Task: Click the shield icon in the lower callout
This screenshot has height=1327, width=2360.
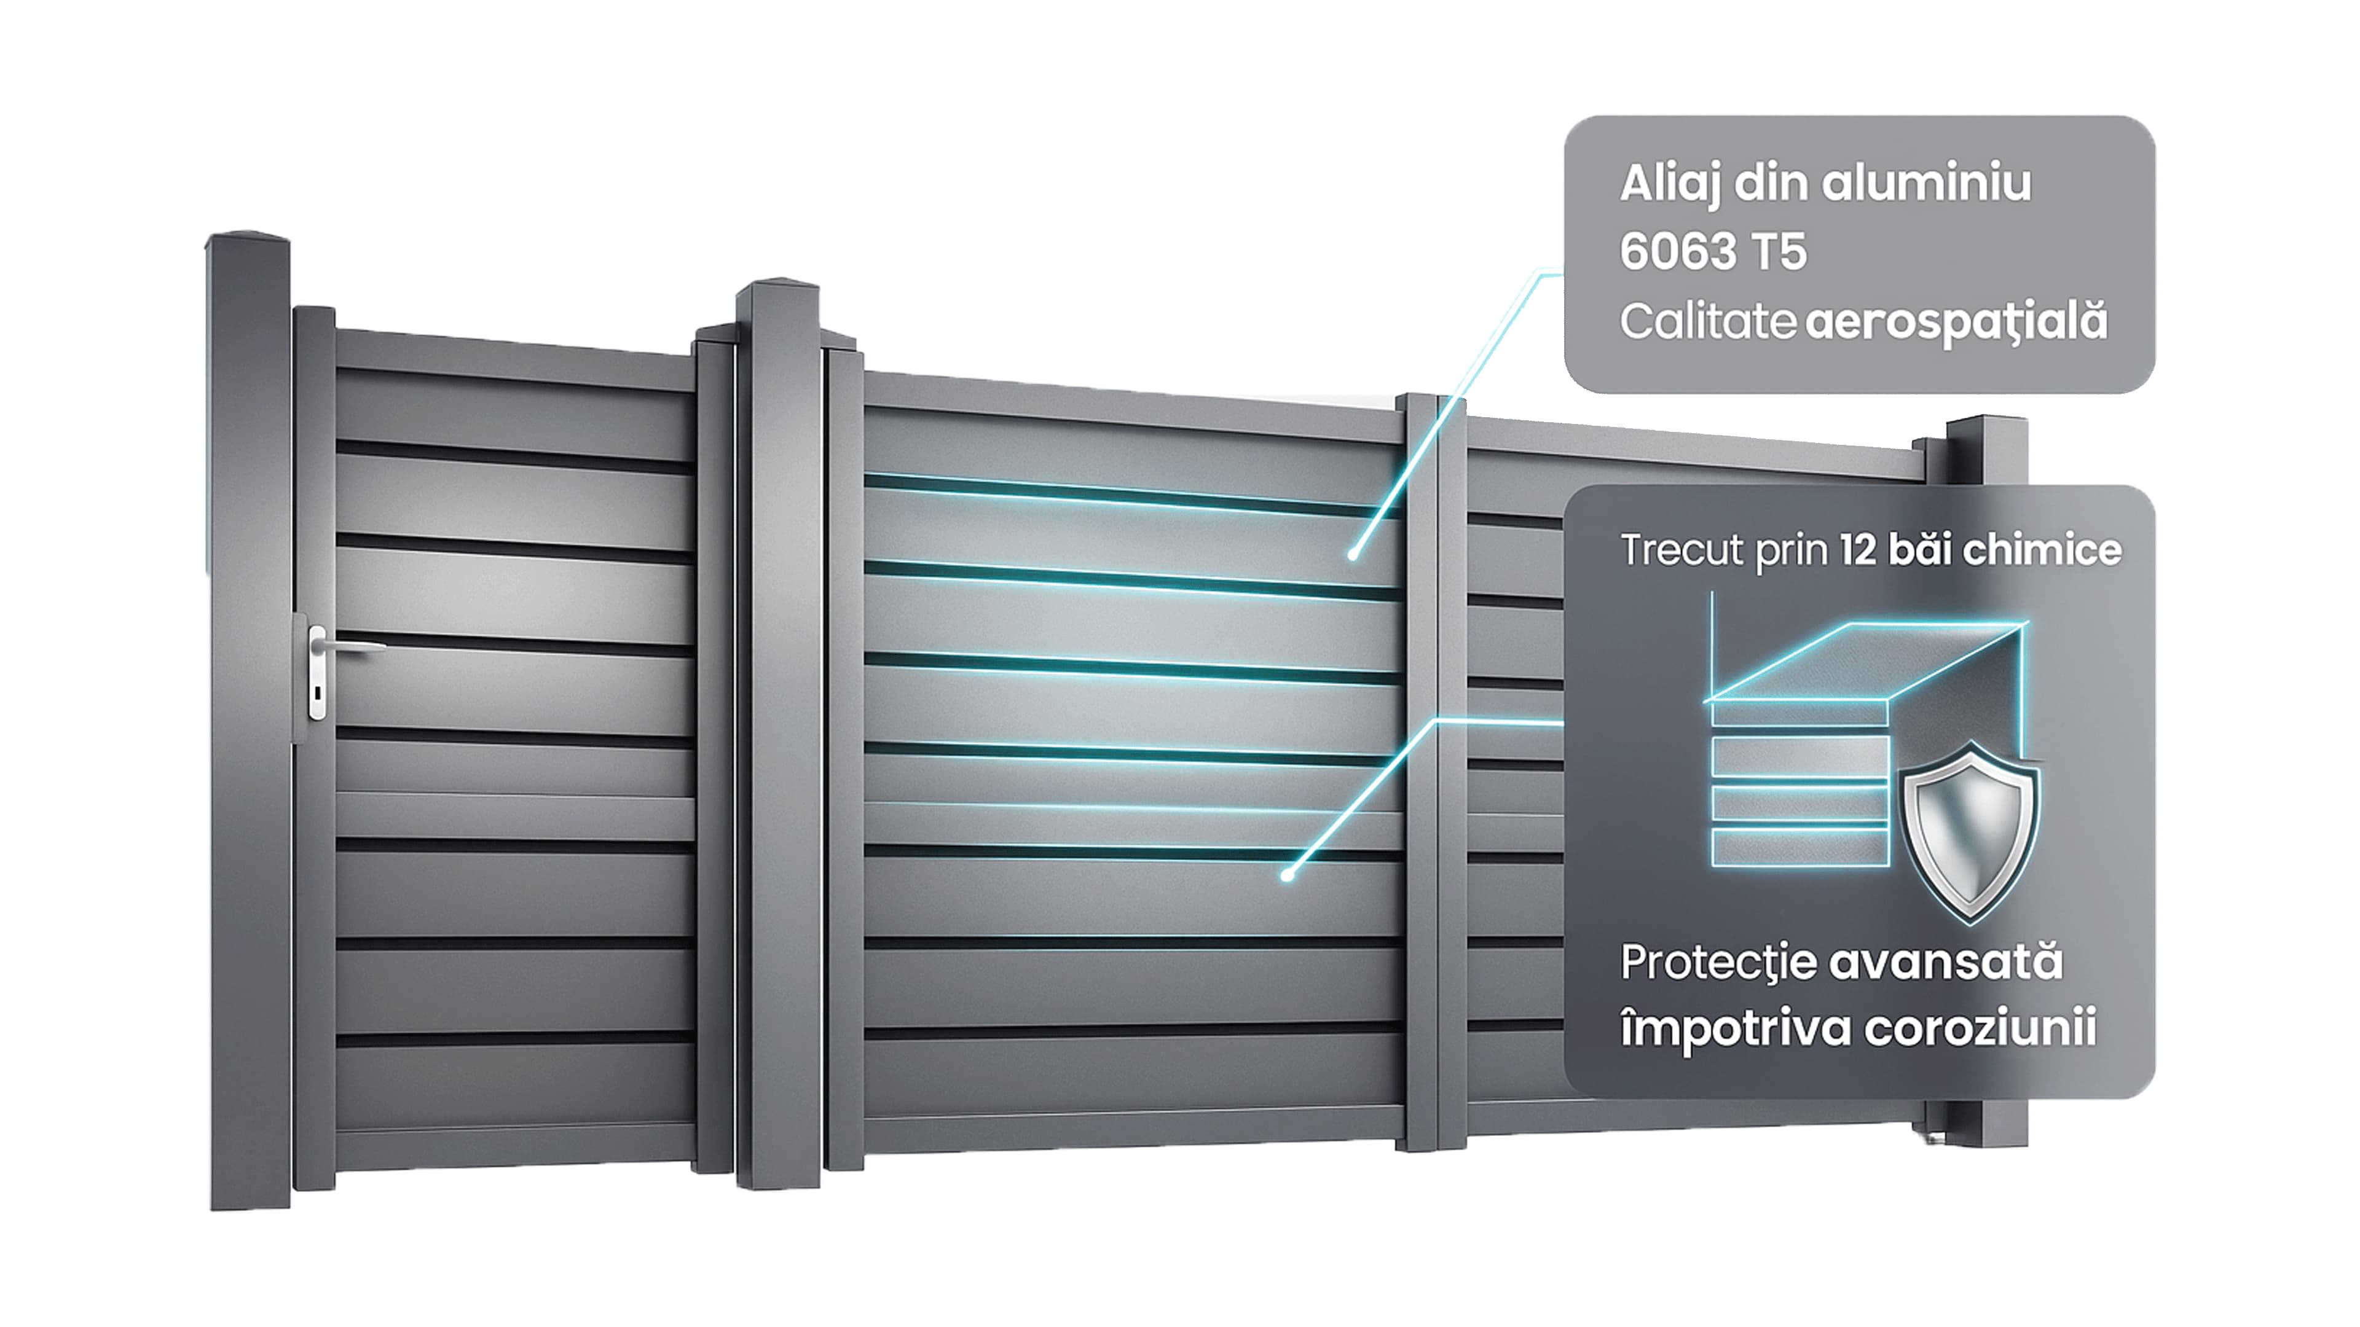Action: click(x=1970, y=832)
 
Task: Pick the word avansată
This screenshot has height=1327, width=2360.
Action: click(x=1945, y=963)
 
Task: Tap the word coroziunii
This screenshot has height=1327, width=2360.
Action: click(x=1980, y=1028)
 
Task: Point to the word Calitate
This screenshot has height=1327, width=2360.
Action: click(x=1708, y=321)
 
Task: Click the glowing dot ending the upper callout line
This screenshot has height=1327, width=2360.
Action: click(x=1352, y=555)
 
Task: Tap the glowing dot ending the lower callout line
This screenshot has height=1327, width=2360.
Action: click(x=1287, y=875)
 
